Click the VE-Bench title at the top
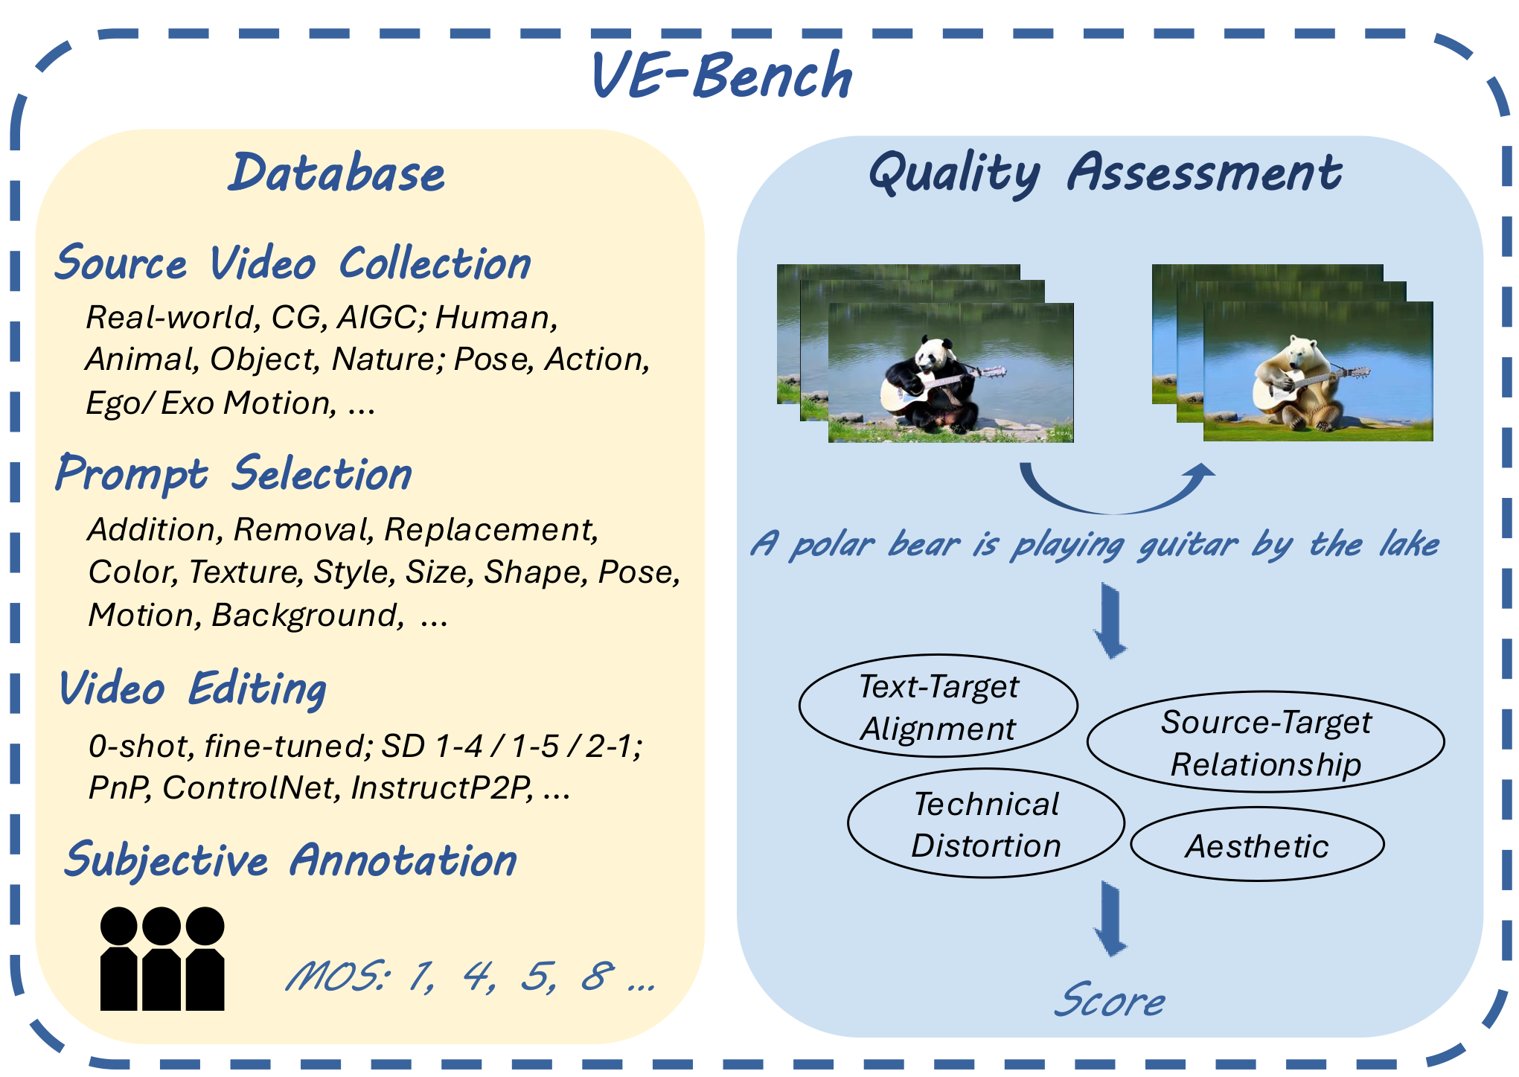[x=722, y=76]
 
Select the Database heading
[x=336, y=173]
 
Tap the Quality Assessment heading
[x=1105, y=173]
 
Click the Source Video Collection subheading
[x=293, y=263]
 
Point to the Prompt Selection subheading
[x=234, y=474]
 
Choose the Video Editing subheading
[x=193, y=688]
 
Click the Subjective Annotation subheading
[x=290, y=860]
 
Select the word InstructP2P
[x=442, y=788]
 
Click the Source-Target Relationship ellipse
[x=1265, y=742]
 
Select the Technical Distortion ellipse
[x=985, y=824]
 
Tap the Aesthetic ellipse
[x=1257, y=846]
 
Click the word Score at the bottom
[x=1110, y=1000]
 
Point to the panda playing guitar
[x=934, y=383]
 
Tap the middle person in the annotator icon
[x=162, y=960]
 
